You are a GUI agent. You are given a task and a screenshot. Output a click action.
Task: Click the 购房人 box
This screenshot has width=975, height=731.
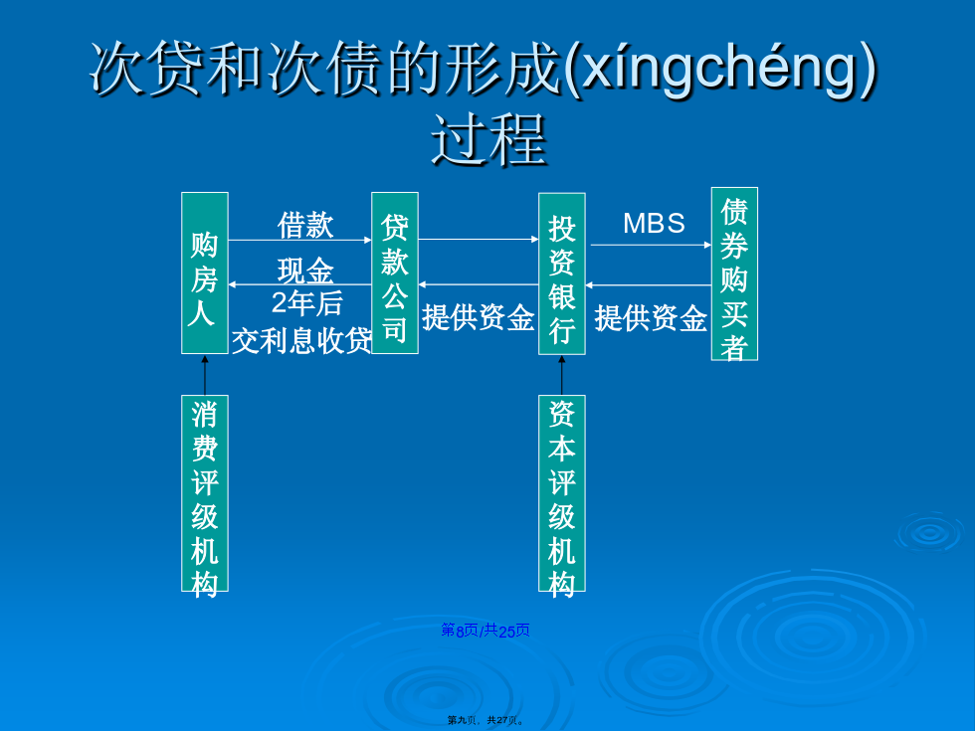[205, 273]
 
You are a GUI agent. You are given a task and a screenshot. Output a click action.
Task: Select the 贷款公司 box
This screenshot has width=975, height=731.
[395, 273]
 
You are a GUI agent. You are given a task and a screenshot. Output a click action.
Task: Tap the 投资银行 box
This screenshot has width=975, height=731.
[562, 274]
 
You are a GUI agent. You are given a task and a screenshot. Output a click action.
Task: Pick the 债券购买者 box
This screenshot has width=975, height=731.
[734, 274]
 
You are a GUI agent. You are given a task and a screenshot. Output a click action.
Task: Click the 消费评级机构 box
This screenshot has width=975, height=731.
[205, 493]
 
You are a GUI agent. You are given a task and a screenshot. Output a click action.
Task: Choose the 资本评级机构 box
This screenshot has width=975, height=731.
[562, 493]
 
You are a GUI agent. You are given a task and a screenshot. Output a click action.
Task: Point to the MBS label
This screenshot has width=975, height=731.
[655, 223]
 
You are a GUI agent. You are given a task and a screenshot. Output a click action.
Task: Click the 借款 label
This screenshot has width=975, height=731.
[305, 225]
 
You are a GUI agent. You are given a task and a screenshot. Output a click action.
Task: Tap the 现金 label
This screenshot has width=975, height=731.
[305, 271]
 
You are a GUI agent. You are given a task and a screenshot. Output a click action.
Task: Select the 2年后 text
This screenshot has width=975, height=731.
[307, 303]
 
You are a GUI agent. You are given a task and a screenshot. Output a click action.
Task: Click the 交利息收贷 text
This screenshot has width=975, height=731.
[301, 340]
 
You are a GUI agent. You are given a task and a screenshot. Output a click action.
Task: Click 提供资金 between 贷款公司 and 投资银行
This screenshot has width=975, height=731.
[479, 317]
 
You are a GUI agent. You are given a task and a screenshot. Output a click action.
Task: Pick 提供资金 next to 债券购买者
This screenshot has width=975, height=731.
[651, 317]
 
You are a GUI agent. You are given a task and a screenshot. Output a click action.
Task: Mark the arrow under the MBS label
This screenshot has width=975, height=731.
[651, 245]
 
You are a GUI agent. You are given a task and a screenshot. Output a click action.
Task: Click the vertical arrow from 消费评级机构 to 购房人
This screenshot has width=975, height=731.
[205, 375]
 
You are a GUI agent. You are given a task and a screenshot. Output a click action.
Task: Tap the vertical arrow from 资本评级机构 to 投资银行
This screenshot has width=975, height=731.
[562, 375]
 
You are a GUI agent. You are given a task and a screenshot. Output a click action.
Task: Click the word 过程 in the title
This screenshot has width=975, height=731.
[488, 140]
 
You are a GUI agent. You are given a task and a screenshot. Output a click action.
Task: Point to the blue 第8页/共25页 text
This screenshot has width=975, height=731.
[486, 631]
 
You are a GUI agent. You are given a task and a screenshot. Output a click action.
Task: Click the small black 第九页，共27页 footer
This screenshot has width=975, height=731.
[486, 720]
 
